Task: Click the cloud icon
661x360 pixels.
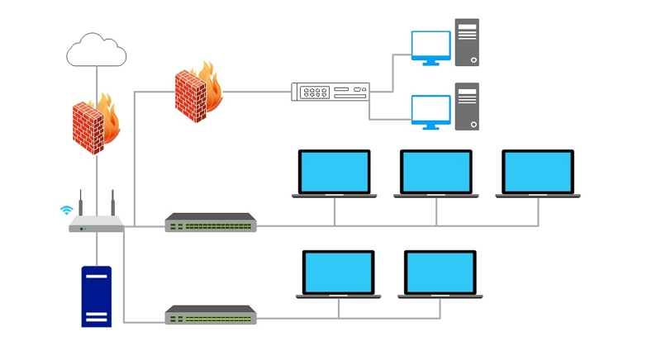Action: click(97, 50)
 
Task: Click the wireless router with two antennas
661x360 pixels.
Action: click(96, 223)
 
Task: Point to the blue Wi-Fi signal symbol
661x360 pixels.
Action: click(66, 210)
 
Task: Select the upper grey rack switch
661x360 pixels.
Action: click(211, 223)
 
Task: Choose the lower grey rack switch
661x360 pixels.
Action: click(211, 315)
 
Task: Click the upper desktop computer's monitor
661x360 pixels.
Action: click(431, 47)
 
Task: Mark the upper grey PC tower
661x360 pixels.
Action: click(467, 42)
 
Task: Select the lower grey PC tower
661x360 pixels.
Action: click(467, 107)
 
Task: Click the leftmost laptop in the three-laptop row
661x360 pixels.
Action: click(334, 173)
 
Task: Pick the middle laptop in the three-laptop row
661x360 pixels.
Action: click(436, 173)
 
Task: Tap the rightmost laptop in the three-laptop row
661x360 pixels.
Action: click(538, 173)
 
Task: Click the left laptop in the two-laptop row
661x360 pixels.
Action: click(339, 274)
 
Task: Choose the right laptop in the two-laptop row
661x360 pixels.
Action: click(440, 274)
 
